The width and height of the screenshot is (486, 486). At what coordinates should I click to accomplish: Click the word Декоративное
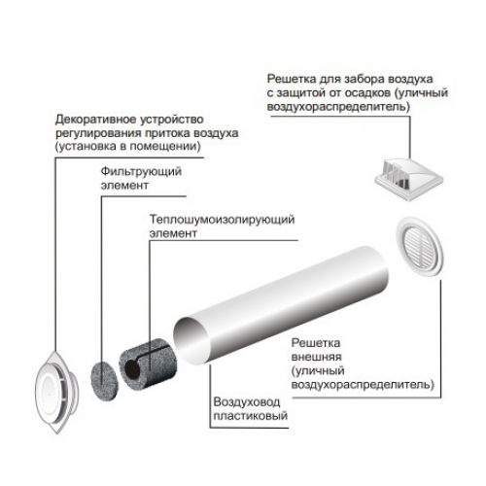(x=96, y=120)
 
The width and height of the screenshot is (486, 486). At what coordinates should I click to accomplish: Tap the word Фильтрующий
(x=141, y=172)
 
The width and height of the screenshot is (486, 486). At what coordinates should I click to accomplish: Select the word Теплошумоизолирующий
(x=222, y=220)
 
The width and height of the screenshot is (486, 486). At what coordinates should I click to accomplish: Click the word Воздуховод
(x=247, y=402)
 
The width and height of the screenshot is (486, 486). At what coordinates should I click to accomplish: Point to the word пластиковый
(x=251, y=416)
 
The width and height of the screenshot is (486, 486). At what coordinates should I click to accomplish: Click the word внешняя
(x=316, y=357)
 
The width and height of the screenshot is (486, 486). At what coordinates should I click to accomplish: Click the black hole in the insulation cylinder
(x=132, y=368)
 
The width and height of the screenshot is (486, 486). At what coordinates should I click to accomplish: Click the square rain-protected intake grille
(x=409, y=179)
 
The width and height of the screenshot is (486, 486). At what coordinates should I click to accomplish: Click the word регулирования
(x=98, y=133)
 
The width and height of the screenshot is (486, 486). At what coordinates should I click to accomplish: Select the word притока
(x=167, y=133)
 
